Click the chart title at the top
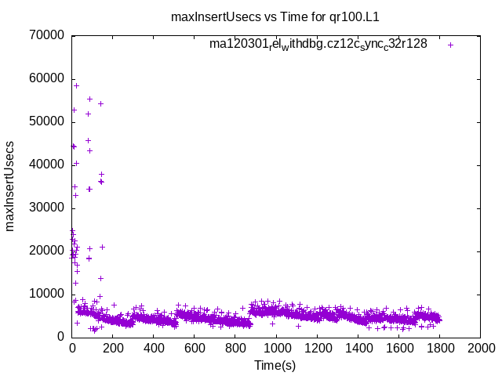pos(280,16)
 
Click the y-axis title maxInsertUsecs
pos(11,186)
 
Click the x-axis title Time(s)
pos(275,364)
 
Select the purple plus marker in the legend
pos(450,45)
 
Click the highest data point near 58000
pos(76,85)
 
